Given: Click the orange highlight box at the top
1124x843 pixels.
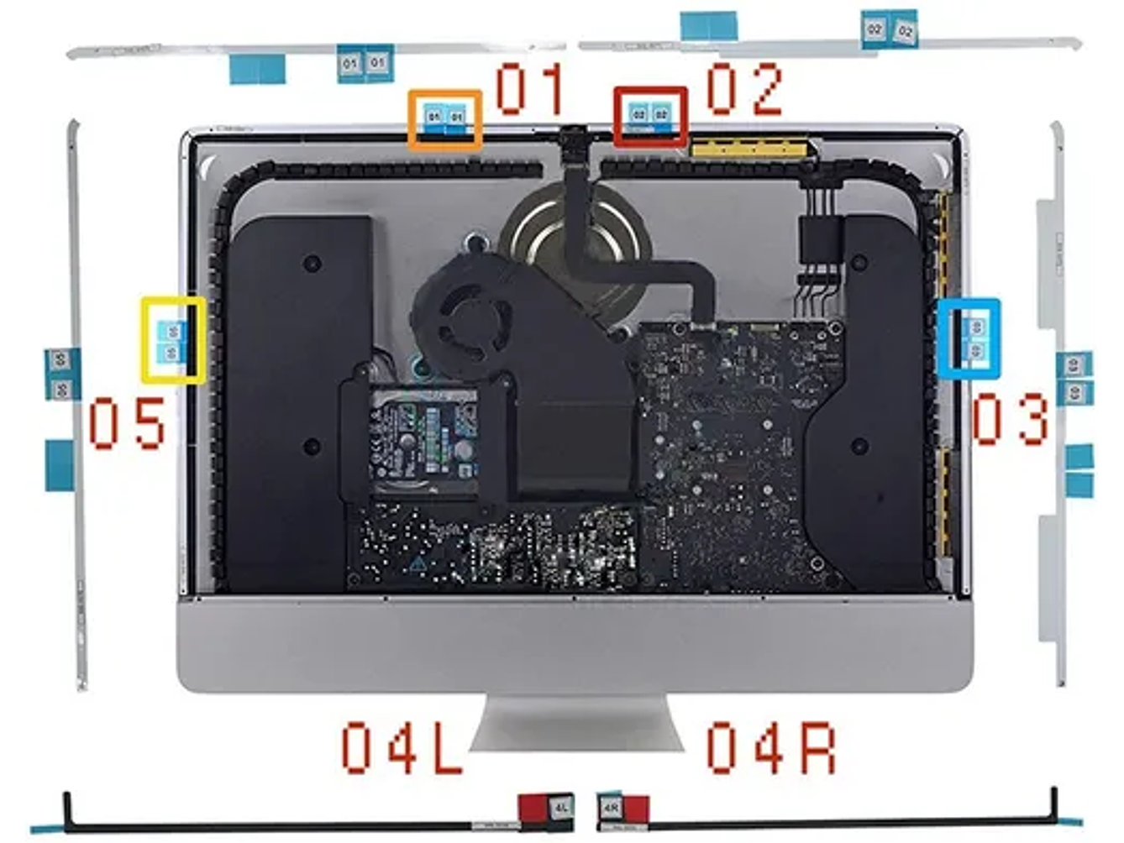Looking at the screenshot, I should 445,119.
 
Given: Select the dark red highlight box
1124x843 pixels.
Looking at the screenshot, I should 650,116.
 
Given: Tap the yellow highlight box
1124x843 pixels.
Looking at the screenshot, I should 173,340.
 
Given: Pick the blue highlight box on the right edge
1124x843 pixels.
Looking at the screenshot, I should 974,338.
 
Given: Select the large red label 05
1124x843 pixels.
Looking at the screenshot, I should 129,424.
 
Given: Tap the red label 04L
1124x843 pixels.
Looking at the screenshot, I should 402,748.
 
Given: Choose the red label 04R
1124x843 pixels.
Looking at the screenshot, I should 770,748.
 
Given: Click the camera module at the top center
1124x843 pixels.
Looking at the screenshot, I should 576,135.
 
